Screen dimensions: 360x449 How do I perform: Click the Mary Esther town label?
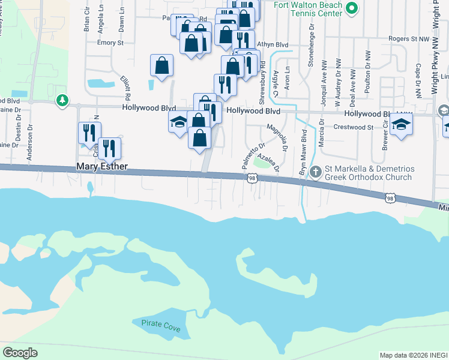click(x=101, y=166)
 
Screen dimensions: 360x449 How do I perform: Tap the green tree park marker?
click(x=62, y=100)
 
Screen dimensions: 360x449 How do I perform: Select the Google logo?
click(x=20, y=353)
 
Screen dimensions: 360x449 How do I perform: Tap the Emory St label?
click(x=110, y=43)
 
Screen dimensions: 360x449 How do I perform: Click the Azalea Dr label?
click(x=269, y=160)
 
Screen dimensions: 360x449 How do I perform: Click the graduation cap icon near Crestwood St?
click(x=401, y=124)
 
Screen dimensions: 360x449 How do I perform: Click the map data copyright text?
click(x=413, y=355)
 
